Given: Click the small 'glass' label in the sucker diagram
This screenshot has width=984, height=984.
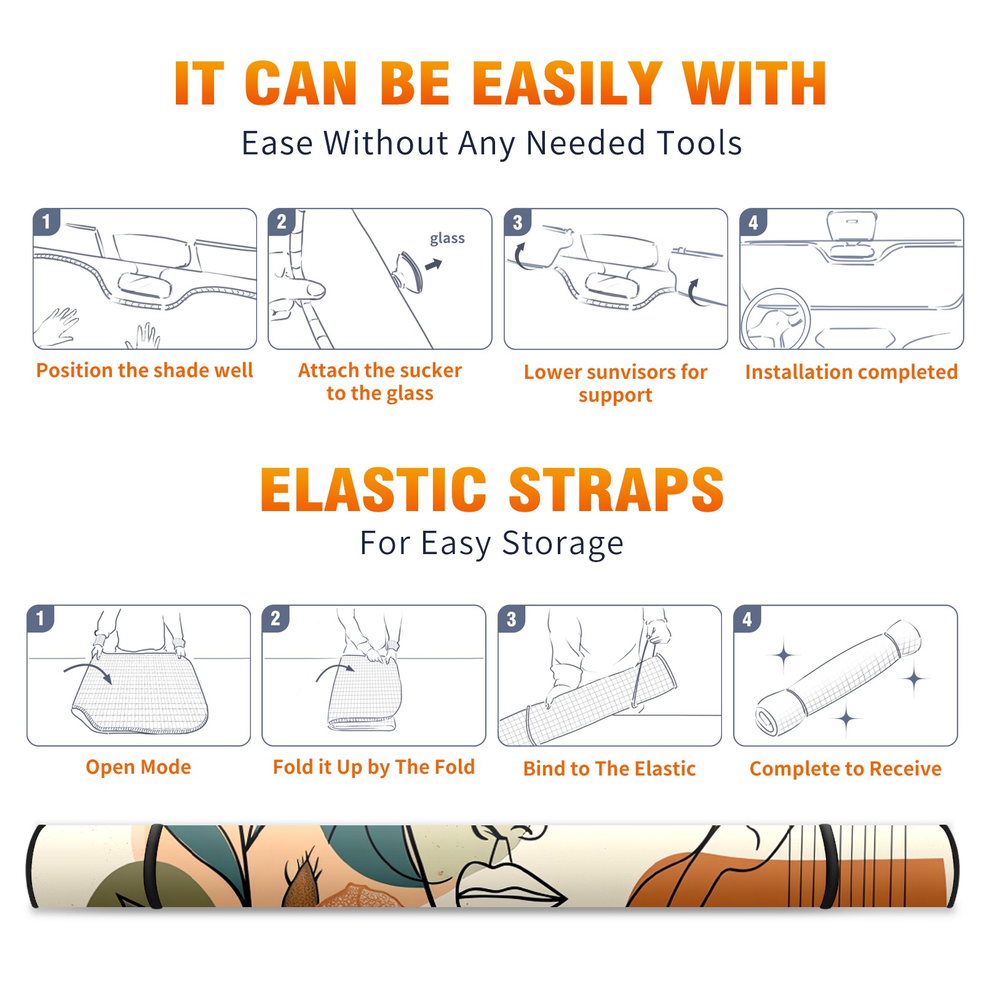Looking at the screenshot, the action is pyautogui.click(x=447, y=238).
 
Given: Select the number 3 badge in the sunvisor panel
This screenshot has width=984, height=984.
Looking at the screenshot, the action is pyautogui.click(x=517, y=222).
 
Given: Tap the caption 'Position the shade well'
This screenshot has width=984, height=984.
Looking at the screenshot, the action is pyautogui.click(x=145, y=370).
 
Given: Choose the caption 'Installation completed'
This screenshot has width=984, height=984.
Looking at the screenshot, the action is pyautogui.click(x=851, y=371).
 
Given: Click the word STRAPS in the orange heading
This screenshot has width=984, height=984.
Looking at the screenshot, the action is pyautogui.click(x=616, y=490).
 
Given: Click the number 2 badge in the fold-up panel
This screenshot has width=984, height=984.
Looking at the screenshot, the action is pyautogui.click(x=275, y=618).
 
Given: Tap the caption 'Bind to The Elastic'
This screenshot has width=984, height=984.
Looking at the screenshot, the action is pyautogui.click(x=609, y=768).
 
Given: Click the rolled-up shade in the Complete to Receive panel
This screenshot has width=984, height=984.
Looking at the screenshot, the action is pyautogui.click(x=838, y=678).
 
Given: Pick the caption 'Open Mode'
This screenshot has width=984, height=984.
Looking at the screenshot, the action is pyautogui.click(x=138, y=767).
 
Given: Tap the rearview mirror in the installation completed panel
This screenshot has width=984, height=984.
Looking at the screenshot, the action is pyautogui.click(x=852, y=226).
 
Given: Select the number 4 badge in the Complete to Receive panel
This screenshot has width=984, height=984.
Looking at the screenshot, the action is pyautogui.click(x=747, y=618).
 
